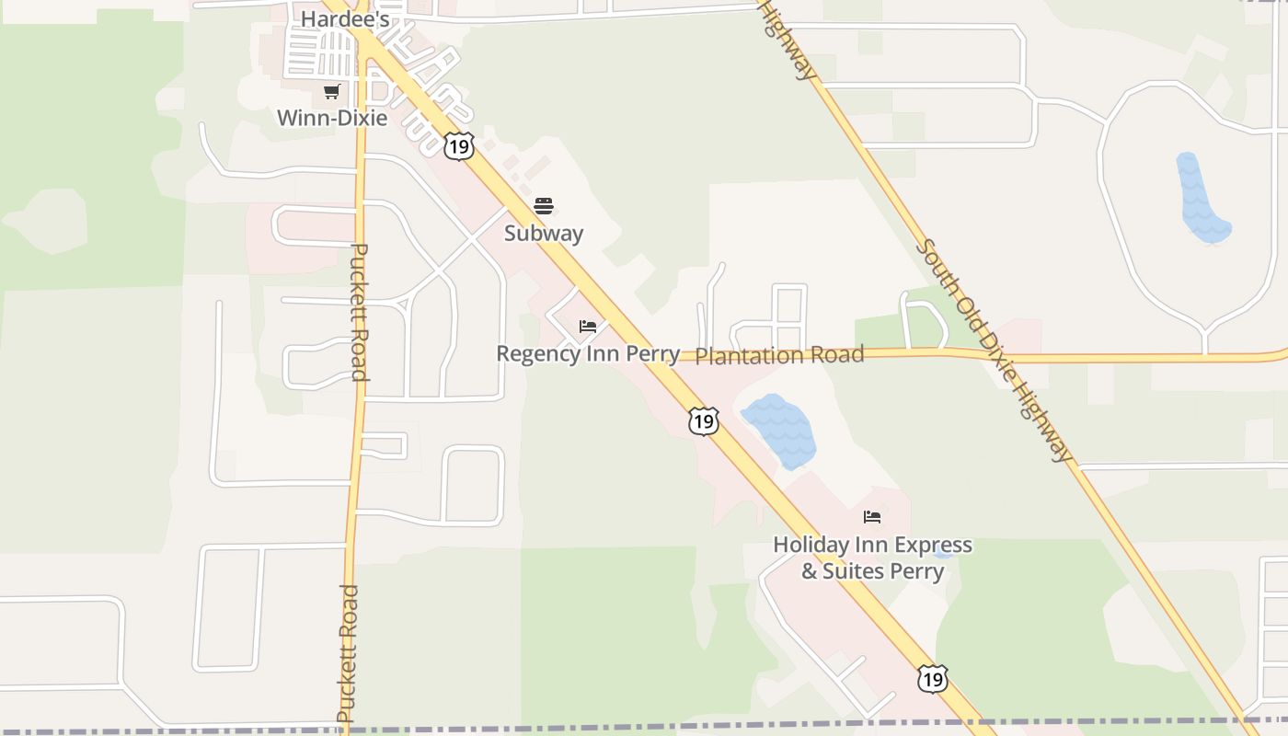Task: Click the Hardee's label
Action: click(345, 17)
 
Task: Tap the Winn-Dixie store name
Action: click(332, 118)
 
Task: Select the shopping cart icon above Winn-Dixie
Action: click(332, 92)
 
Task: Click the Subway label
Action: click(544, 233)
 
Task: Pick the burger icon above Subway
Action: click(544, 205)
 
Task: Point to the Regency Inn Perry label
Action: click(588, 353)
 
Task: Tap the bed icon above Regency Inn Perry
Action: click(588, 327)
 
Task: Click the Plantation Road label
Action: click(779, 355)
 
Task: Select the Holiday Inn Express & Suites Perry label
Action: click(872, 558)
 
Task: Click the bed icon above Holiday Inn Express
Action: click(872, 517)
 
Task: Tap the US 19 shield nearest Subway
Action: click(458, 145)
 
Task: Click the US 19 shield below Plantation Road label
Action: click(704, 421)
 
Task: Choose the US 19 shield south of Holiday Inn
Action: click(932, 679)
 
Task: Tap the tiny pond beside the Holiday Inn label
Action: click(942, 553)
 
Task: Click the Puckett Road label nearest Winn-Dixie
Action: click(360, 312)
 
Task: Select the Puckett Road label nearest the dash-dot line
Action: click(347, 652)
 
